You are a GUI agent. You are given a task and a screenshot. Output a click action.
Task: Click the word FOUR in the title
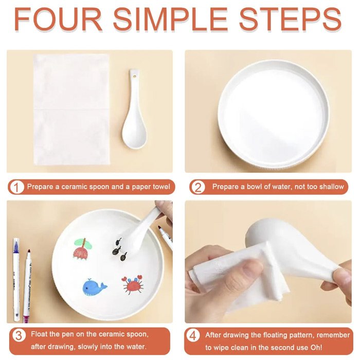tap(58, 20)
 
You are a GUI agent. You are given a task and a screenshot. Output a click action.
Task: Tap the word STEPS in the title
tap(291, 20)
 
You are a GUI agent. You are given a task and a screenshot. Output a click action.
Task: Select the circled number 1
tap(16, 187)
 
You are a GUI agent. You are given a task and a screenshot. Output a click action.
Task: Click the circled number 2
tap(197, 187)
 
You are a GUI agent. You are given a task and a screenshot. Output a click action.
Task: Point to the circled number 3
tap(19, 336)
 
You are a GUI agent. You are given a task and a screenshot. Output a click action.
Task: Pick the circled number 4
tap(193, 336)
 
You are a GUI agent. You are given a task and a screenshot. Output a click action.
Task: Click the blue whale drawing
tap(94, 287)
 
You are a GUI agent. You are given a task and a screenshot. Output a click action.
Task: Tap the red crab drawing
tap(133, 285)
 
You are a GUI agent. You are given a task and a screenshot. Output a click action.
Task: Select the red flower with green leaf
tap(83, 248)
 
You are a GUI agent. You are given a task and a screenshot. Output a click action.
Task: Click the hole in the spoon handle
tap(134, 75)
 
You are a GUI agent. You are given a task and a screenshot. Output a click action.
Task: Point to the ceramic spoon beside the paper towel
tap(134, 109)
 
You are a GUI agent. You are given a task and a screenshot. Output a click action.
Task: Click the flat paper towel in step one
tap(71, 110)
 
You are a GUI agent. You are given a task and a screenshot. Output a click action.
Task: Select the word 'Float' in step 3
tap(38, 334)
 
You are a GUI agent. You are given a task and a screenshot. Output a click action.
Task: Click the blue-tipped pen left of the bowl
tap(16, 279)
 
